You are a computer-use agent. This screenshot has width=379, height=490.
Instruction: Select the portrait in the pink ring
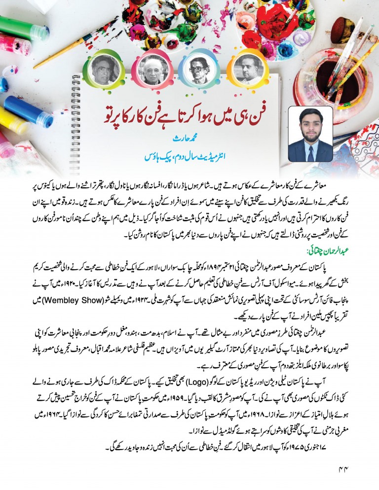[x=152, y=68]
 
